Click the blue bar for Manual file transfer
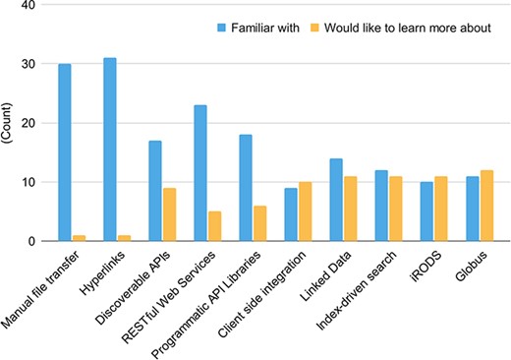coord(65,152)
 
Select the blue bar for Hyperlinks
coord(109,150)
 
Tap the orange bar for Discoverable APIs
coord(169,214)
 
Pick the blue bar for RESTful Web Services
coord(199,173)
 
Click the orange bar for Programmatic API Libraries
coord(259,223)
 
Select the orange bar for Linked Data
coord(350,209)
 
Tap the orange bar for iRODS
coord(440,209)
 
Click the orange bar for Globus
coord(485,206)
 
